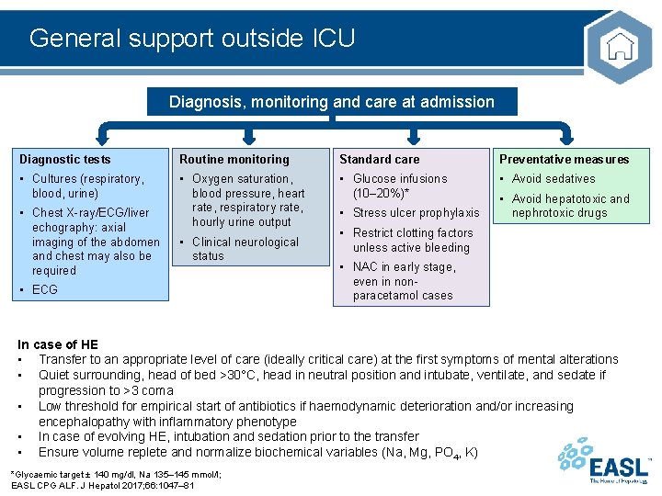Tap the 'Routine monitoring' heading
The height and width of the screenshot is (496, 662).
(x=234, y=159)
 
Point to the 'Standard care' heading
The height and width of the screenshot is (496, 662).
(x=379, y=159)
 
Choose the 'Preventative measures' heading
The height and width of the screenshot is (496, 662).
(x=564, y=159)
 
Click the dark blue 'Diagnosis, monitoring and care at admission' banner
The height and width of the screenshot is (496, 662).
(x=332, y=102)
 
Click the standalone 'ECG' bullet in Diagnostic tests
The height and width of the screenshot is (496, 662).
(x=44, y=289)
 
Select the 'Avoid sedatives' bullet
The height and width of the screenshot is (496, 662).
(x=553, y=178)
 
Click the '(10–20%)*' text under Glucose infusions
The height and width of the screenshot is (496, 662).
(x=381, y=193)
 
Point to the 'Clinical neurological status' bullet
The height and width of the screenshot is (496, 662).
(x=245, y=249)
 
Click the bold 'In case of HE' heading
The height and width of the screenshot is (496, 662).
(x=58, y=344)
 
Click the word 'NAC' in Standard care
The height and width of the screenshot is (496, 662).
(x=365, y=266)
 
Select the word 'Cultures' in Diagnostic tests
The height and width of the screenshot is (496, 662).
(x=54, y=178)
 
